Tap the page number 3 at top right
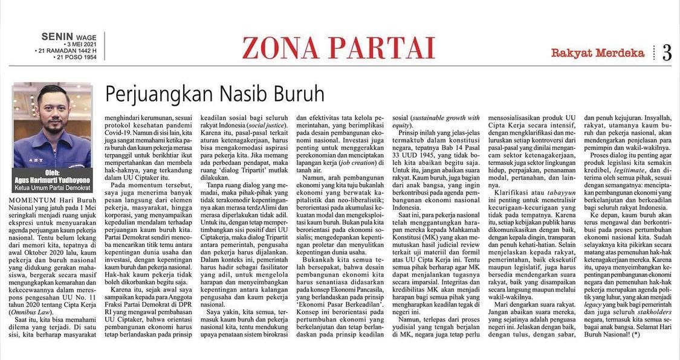(x=667, y=53)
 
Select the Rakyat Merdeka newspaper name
(x=597, y=53)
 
